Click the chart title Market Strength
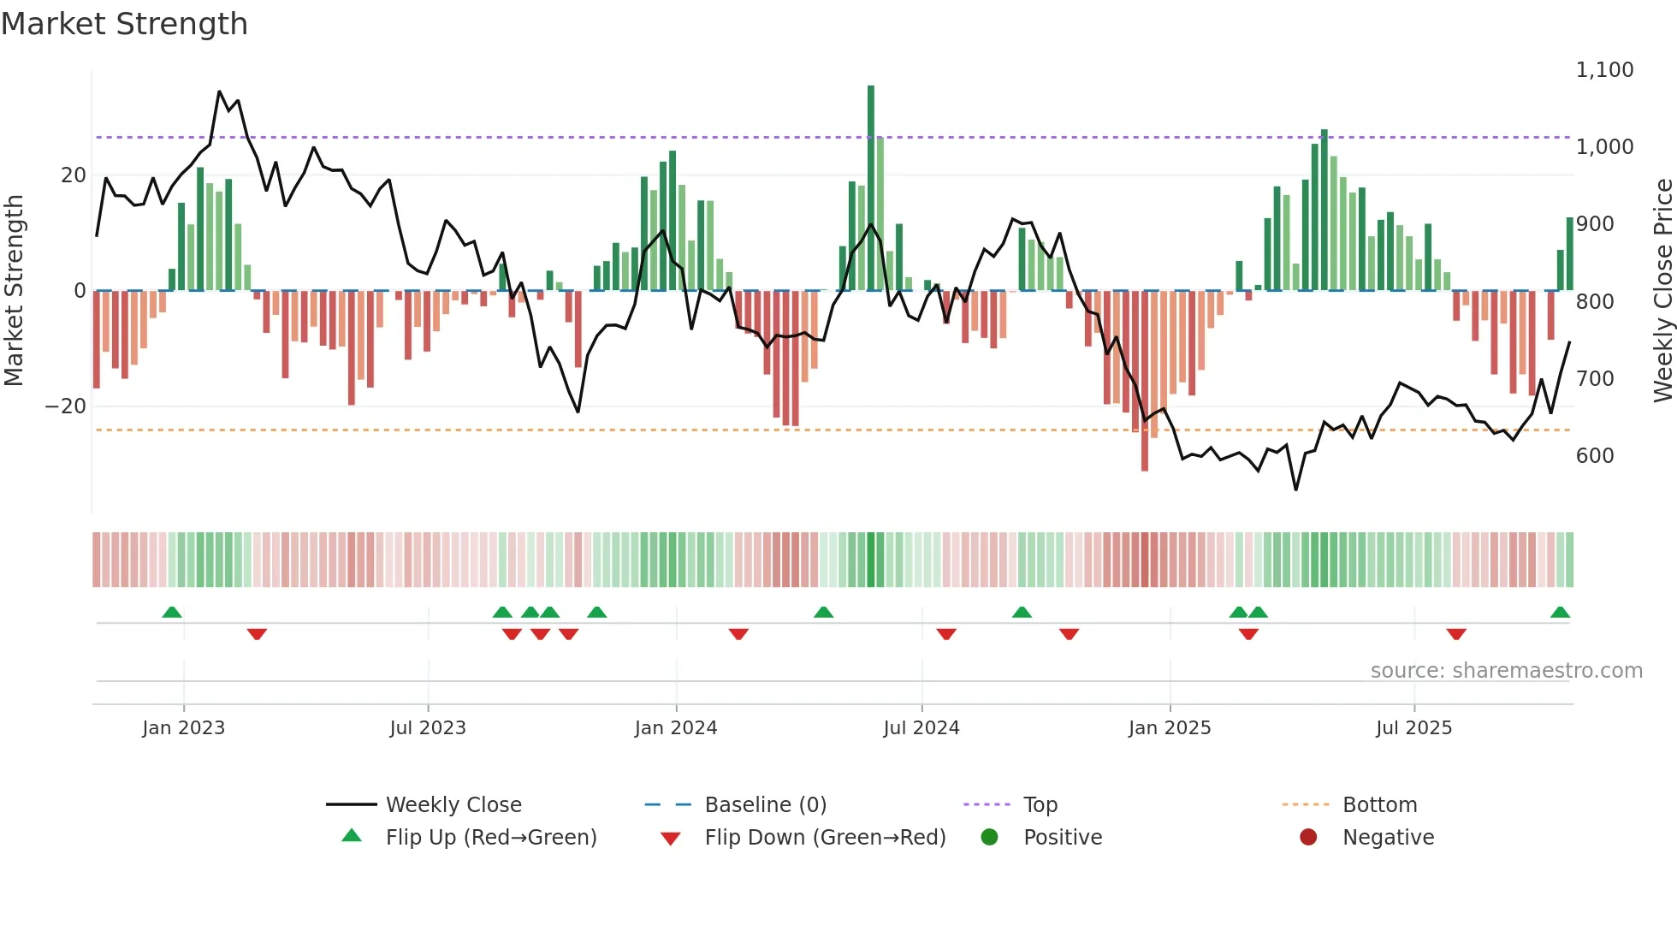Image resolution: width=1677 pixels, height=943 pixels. pos(124,24)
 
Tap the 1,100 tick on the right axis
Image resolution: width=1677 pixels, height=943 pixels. pos(1604,70)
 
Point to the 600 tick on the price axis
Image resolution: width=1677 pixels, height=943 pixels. pos(1595,456)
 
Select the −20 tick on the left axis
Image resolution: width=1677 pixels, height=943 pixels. pos(66,406)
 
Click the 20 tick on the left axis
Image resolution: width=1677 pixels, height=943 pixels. pos(74,175)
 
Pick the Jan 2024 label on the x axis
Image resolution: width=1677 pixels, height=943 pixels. pos(675,728)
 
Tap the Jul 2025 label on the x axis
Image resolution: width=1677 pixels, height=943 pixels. pos(1413,728)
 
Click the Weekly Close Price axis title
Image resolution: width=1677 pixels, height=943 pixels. pos(1662,291)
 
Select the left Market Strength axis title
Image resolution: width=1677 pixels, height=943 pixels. pos(14,291)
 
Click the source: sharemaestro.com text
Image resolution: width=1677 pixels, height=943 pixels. pos(1506,671)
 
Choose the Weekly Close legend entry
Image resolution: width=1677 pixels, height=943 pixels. pos(453,805)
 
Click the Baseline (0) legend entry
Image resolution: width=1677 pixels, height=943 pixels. pos(765,805)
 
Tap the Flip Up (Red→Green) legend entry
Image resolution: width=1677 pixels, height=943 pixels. pos(490,838)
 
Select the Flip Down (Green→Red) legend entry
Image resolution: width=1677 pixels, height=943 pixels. pos(825,838)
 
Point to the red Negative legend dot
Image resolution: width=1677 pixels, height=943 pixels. pos(1307,838)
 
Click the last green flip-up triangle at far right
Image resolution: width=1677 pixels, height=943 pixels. pos(1560,613)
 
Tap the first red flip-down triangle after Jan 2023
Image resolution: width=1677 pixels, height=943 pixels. pos(257,634)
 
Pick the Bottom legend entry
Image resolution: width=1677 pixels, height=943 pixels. pos(1379,805)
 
